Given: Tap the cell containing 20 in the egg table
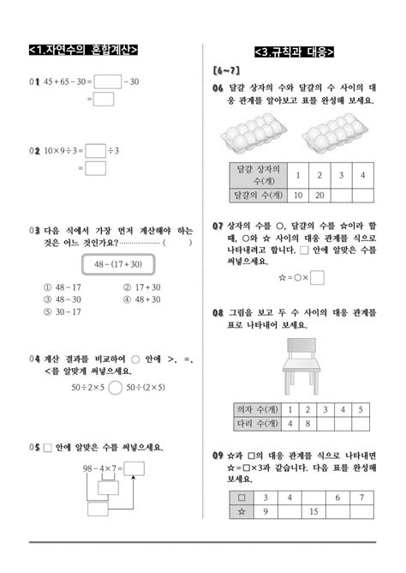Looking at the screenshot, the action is tap(318, 196).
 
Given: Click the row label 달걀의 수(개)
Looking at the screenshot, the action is tap(257, 196).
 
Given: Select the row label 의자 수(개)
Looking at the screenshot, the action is tap(257, 409).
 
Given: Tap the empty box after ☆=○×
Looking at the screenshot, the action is tap(317, 277).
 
